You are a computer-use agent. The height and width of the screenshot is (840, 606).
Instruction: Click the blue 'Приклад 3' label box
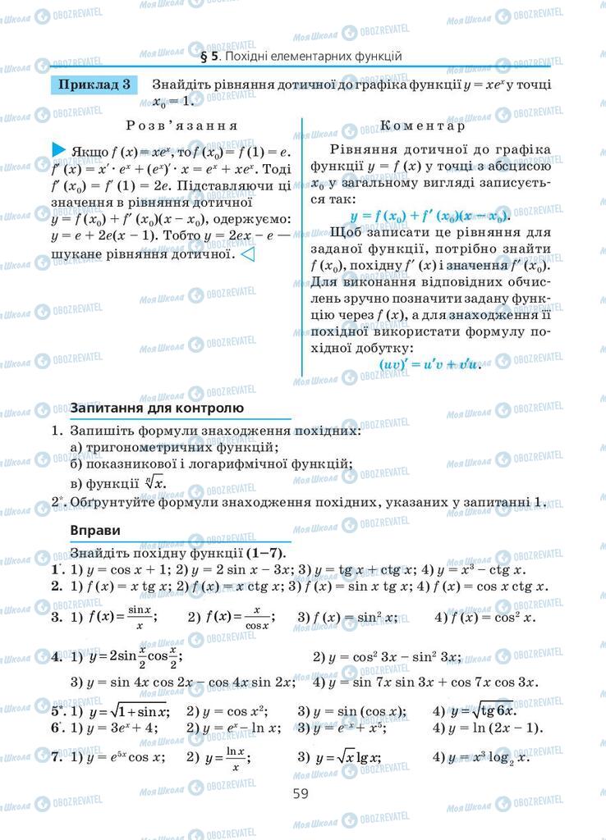[93, 85]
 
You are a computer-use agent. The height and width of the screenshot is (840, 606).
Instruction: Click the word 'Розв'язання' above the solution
[181, 126]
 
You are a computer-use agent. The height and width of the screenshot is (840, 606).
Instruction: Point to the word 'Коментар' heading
[422, 126]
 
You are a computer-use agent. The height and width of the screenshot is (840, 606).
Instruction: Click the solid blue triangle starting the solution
[58, 150]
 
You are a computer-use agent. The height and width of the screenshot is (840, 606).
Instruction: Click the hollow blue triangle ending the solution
[246, 255]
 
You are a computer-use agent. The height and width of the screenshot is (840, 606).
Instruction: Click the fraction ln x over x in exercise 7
[236, 757]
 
